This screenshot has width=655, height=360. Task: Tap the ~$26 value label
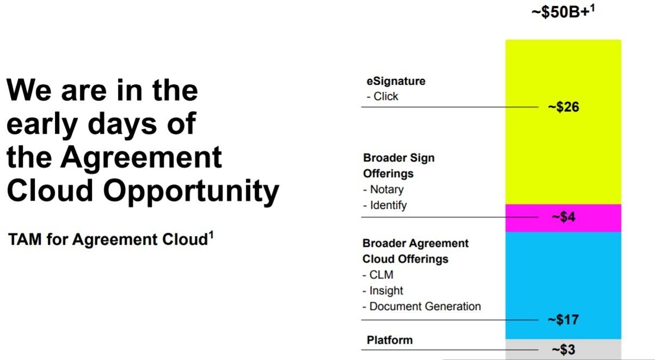564,107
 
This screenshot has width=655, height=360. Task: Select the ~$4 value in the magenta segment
564,217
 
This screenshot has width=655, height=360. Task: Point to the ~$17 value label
563,320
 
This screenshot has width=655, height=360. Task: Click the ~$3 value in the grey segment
564,350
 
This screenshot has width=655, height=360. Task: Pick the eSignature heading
396,81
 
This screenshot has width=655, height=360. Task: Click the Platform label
390,340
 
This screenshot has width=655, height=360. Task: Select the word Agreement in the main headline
141,158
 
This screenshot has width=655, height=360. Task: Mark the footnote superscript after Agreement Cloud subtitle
211,235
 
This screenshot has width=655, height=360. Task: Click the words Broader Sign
399,158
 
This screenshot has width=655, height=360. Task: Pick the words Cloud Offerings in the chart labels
405,259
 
